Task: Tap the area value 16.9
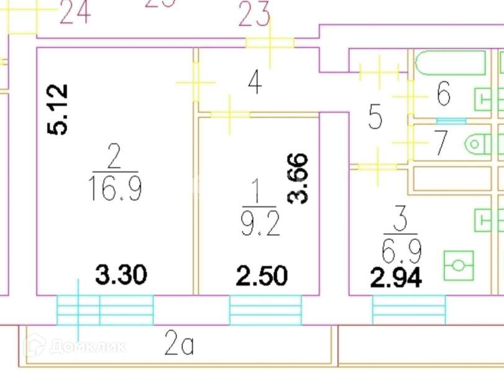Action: pos(115,188)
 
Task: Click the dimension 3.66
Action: pos(299,178)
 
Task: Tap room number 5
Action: pos(375,116)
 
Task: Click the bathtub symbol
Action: pos(450,63)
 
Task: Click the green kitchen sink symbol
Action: pos(459,265)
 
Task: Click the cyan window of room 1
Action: pos(265,310)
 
